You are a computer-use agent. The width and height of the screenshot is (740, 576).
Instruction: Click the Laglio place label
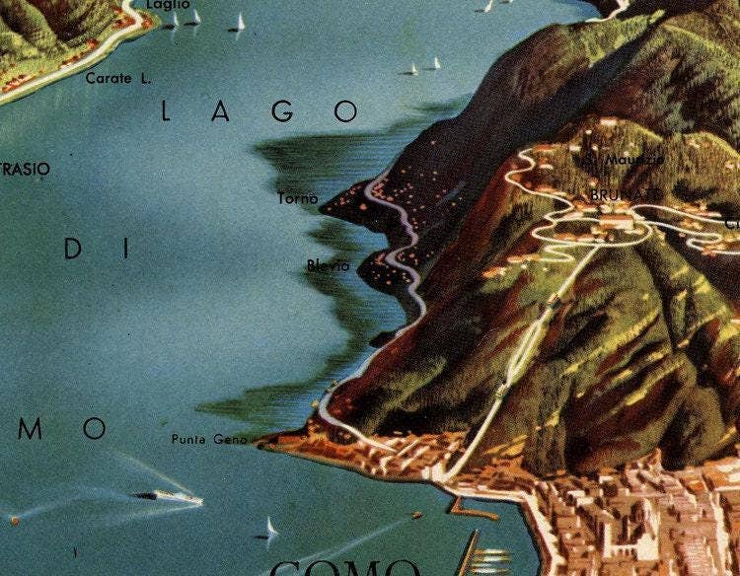coord(167,5)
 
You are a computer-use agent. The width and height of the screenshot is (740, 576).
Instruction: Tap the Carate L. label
coord(118,78)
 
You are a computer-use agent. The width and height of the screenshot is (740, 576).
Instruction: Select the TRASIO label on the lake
coord(25,170)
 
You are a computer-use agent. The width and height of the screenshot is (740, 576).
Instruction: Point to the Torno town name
coord(298,198)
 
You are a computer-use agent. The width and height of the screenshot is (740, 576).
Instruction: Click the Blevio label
coord(328,265)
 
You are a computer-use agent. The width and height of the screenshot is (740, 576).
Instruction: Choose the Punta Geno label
coord(209,439)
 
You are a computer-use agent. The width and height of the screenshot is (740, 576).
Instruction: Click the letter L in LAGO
coord(166,112)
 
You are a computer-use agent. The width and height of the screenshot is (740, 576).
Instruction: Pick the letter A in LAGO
coord(223,112)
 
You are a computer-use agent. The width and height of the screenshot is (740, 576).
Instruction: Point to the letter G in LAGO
coord(283,111)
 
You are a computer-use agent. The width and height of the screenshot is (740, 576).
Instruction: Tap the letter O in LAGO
coord(345,111)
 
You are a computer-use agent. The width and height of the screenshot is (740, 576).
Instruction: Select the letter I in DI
coord(126,250)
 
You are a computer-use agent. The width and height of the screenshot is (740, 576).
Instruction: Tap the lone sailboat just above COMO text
coord(268,530)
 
